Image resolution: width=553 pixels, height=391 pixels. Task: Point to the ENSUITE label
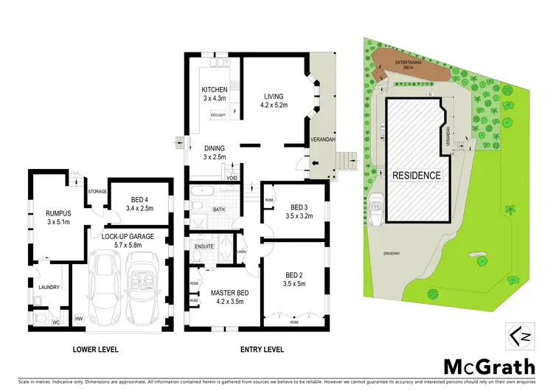pyautogui.click(x=204, y=246)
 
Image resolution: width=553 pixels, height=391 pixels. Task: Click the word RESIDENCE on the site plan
pyautogui.click(x=417, y=176)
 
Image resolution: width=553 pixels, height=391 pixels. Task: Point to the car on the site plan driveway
pyautogui.click(x=376, y=210)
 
